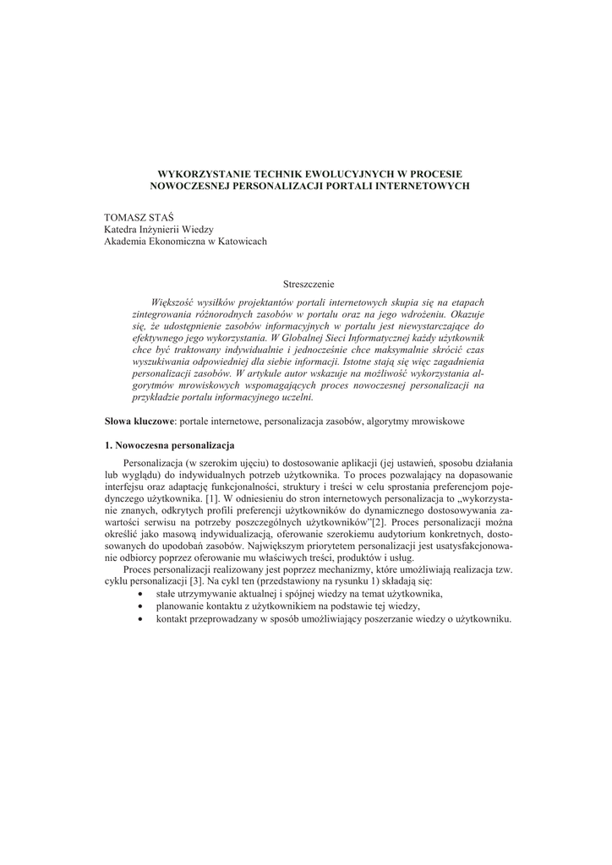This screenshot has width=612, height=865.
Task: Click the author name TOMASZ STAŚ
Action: [x=133, y=218]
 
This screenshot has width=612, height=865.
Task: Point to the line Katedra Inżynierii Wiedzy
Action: [x=159, y=230]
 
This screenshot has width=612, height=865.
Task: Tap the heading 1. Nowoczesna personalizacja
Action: [x=169, y=445]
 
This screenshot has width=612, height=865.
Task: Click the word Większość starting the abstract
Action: [x=173, y=302]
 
